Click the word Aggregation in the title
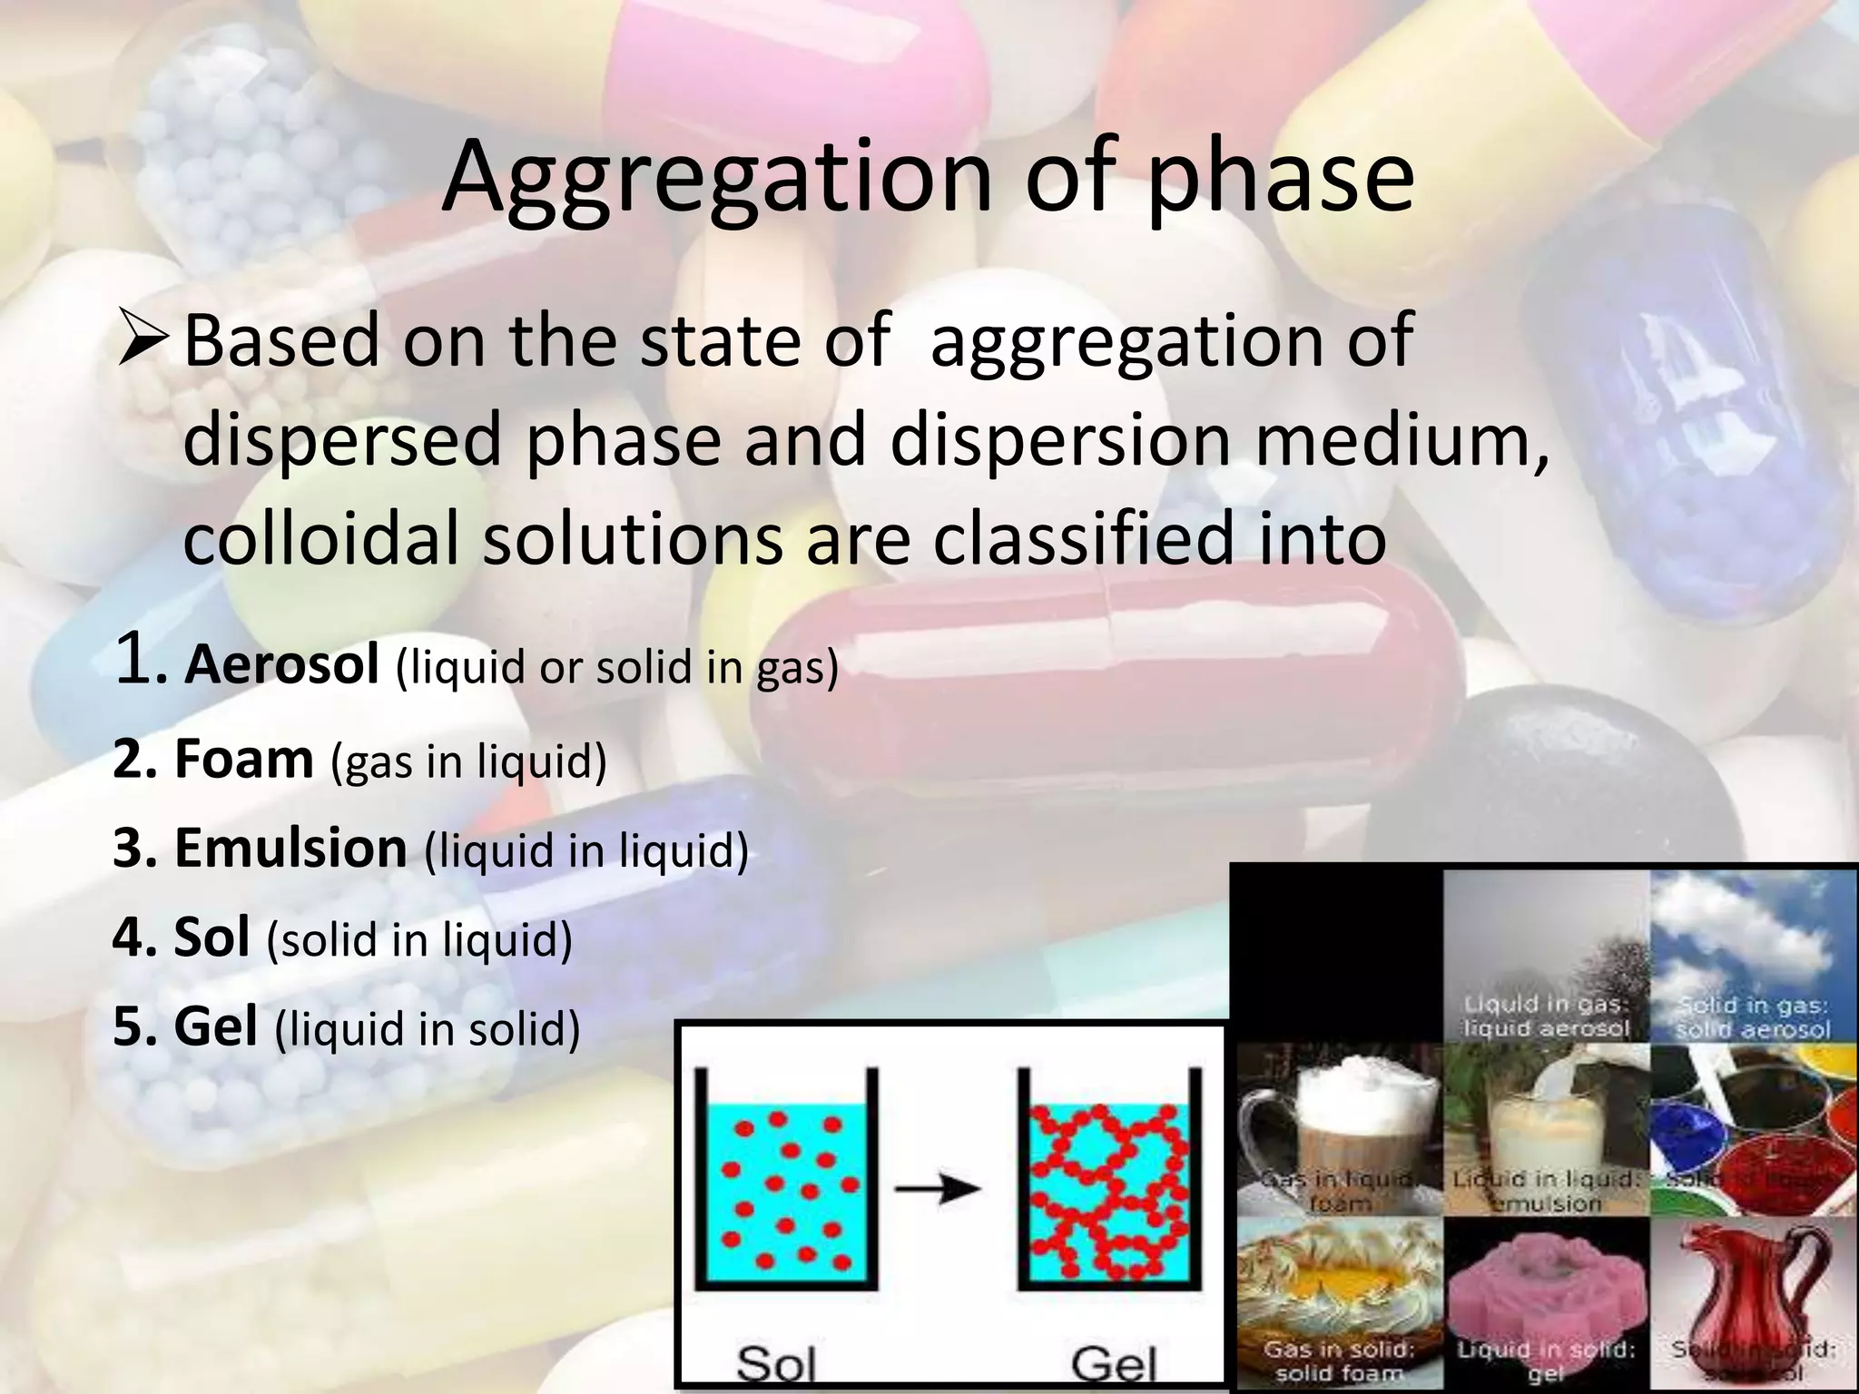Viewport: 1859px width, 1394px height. (716, 178)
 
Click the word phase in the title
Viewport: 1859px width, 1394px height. (1280, 178)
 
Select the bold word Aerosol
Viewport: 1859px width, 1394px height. (281, 664)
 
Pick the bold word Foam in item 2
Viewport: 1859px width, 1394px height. (243, 759)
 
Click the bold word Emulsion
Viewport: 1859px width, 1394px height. (290, 848)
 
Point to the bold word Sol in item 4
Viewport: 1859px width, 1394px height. (211, 938)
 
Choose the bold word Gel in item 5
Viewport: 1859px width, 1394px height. (215, 1027)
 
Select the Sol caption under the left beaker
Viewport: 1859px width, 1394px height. (776, 1361)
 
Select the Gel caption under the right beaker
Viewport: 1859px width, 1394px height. (1114, 1361)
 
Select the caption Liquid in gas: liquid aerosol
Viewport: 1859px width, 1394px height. (1545, 1016)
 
